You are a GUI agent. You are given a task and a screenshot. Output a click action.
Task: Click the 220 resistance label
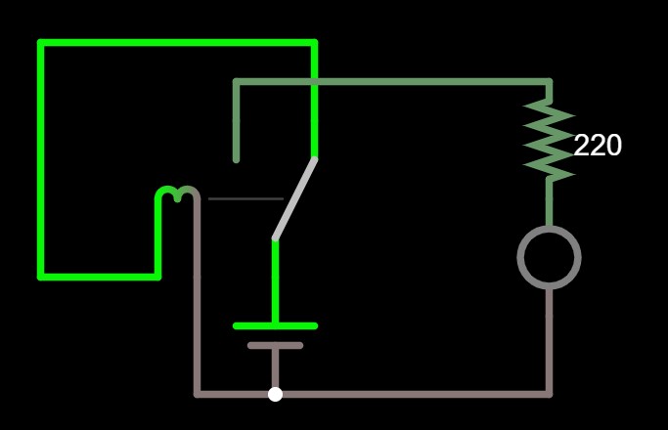click(x=598, y=146)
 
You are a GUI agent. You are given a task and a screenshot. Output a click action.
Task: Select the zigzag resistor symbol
click(x=549, y=141)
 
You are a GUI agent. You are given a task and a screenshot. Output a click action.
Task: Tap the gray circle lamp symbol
click(x=549, y=257)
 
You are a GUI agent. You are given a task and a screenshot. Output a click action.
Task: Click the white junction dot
click(x=275, y=394)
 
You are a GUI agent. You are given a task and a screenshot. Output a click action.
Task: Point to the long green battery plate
click(x=275, y=326)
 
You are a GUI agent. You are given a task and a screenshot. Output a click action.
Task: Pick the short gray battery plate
click(x=275, y=345)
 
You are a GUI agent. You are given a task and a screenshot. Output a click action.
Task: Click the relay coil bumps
click(x=177, y=193)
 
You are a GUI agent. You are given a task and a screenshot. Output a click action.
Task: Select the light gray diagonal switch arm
click(x=294, y=198)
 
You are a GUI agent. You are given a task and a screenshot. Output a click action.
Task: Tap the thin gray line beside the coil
click(x=245, y=198)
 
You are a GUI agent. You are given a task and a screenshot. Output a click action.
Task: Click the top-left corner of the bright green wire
click(x=41, y=43)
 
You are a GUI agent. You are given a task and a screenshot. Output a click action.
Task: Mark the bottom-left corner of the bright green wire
click(x=41, y=278)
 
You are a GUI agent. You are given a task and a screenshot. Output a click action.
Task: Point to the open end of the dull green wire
click(x=236, y=160)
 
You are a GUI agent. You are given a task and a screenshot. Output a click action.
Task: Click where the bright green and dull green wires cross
click(x=314, y=81)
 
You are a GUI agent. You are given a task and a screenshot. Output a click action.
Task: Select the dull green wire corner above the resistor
click(x=549, y=81)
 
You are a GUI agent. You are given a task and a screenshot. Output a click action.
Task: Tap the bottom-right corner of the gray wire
click(x=549, y=394)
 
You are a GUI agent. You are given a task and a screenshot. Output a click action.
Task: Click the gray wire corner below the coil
click(x=197, y=394)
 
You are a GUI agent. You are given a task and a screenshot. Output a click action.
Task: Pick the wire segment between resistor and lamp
click(x=549, y=203)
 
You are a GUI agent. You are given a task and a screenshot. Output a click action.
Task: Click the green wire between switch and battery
click(x=275, y=281)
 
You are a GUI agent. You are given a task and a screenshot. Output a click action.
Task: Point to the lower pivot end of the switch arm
click(x=275, y=238)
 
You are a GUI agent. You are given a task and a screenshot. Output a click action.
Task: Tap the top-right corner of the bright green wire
click(x=314, y=43)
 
